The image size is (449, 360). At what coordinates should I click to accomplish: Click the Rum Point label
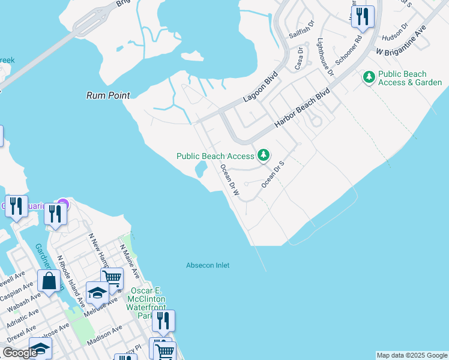tap(108, 95)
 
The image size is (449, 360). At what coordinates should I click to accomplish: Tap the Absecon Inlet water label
tap(208, 265)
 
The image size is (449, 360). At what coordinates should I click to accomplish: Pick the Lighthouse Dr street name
tap(325, 58)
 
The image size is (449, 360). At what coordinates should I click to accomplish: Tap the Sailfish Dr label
tap(302, 29)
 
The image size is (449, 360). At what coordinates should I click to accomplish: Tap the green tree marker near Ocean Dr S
tap(263, 156)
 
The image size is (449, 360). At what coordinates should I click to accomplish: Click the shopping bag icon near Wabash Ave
tap(49, 281)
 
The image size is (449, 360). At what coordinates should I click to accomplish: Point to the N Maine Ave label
tap(128, 261)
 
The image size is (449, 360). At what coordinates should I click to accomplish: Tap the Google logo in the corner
tap(20, 353)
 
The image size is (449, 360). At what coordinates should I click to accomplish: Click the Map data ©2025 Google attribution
tap(412, 355)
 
